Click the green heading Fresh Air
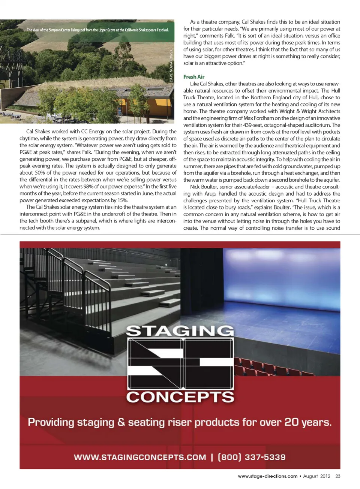click(x=193, y=77)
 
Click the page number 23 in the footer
click(x=338, y=476)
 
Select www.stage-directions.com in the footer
click(x=267, y=476)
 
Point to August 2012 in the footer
click(x=316, y=476)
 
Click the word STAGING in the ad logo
click(x=180, y=331)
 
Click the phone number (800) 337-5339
click(x=252, y=457)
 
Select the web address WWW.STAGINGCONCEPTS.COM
click(x=140, y=457)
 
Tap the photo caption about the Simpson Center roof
click(x=97, y=30)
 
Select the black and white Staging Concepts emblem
click(x=180, y=363)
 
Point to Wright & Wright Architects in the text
click(x=306, y=111)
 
